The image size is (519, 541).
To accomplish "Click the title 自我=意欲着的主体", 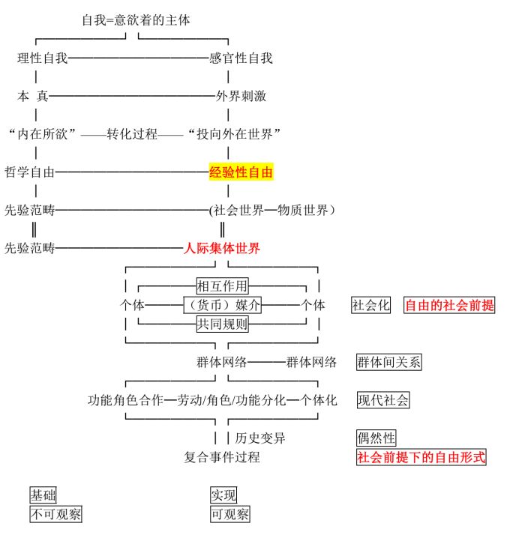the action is pos(136,20).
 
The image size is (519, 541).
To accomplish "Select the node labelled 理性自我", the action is pos(43,58).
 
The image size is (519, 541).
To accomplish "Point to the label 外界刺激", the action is pos(241,96).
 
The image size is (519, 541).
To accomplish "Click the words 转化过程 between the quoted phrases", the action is pos(132,134).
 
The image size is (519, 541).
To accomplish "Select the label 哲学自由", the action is pos(30,172).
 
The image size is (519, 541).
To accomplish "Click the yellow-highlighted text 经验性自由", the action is pos(241,172).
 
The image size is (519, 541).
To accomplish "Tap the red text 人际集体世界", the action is pos(222,248).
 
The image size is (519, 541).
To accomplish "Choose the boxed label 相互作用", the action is pos(222,285).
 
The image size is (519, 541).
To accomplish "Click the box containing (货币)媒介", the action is pos(223,305).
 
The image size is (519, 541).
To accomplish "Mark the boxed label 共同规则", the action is pos(222,324).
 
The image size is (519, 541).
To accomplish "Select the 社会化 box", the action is pos(371,305).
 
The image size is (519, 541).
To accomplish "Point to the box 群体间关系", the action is pos(389,362).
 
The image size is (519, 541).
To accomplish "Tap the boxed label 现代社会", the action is pos(383,400).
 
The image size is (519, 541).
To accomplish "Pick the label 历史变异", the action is pos(260,438).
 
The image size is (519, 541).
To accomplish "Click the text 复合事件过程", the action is pos(222,457).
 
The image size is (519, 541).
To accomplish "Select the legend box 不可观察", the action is pos(55,514).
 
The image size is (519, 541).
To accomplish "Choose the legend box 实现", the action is pos(223,495).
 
